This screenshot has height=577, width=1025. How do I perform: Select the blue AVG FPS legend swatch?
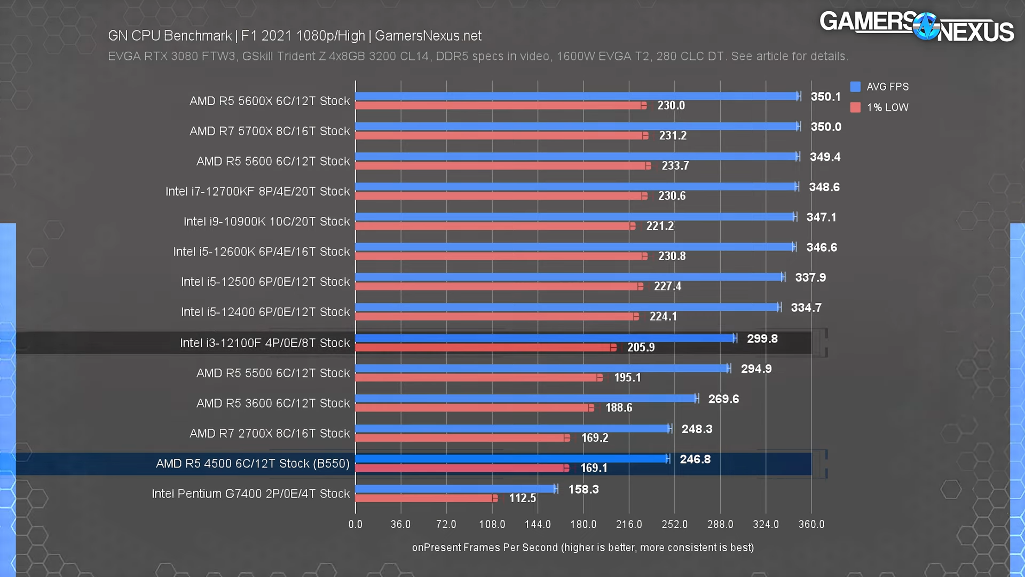tap(855, 87)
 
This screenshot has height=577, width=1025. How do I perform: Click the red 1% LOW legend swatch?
tap(855, 107)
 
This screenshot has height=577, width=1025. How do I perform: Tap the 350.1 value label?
tap(825, 97)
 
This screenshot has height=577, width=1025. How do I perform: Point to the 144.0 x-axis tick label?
tap(537, 524)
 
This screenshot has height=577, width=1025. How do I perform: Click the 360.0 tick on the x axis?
tap(811, 524)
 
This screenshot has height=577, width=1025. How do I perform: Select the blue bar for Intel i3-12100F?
tap(545, 338)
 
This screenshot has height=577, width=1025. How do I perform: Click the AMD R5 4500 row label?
tap(253, 464)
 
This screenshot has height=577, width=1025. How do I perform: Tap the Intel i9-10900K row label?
tap(266, 222)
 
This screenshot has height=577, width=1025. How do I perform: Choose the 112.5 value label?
tap(522, 498)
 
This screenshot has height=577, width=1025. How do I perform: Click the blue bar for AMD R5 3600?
tap(526, 399)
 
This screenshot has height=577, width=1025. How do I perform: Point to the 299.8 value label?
tap(762, 339)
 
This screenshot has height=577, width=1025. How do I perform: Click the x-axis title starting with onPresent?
tap(582, 548)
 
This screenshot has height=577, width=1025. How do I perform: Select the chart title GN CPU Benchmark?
tap(294, 36)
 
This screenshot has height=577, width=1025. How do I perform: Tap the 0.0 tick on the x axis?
tap(355, 524)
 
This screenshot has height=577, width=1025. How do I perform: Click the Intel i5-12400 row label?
tap(265, 312)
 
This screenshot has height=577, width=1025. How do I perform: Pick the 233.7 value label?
tap(675, 166)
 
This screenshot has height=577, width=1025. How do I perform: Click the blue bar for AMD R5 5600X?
tap(577, 96)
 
